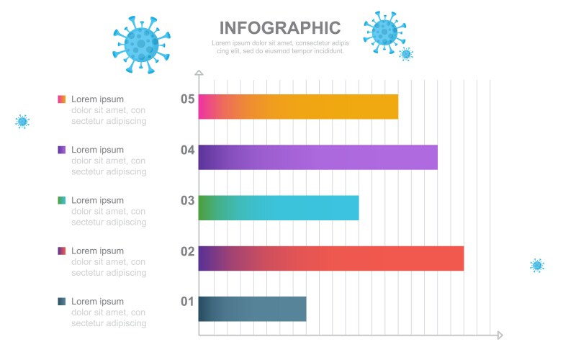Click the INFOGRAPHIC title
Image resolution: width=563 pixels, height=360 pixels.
pyautogui.click(x=279, y=28)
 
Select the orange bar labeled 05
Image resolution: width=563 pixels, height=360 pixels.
pyautogui.click(x=298, y=107)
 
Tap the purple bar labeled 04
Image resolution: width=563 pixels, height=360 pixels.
pyautogui.click(x=317, y=157)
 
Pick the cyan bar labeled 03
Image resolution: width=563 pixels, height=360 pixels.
pyautogui.click(x=278, y=207)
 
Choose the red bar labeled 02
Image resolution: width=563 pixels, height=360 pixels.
pyautogui.click(x=330, y=258)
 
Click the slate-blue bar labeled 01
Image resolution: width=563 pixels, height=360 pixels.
pyautogui.click(x=252, y=308)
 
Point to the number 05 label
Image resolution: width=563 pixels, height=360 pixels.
pyautogui.click(x=187, y=99)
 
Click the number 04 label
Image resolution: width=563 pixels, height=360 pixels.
pyautogui.click(x=187, y=150)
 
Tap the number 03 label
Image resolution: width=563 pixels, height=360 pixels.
pyautogui.click(x=187, y=200)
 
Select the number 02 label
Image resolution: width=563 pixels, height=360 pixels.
pyautogui.click(x=187, y=251)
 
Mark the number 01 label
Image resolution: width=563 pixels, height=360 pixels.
pyautogui.click(x=187, y=301)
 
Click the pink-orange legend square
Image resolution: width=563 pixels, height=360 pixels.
pyautogui.click(x=62, y=99)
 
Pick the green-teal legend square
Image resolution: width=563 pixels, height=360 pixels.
pyautogui.click(x=62, y=200)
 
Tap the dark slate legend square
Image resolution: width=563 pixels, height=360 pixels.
pyautogui.click(x=62, y=301)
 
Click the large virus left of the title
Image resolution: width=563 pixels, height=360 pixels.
pyautogui.click(x=142, y=43)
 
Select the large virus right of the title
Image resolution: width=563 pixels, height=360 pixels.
pyautogui.click(x=384, y=32)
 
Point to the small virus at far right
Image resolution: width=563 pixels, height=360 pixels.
pyautogui.click(x=537, y=265)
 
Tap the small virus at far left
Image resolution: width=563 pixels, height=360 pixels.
pyautogui.click(x=22, y=121)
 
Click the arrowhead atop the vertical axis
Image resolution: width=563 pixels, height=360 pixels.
pyautogui.click(x=199, y=73)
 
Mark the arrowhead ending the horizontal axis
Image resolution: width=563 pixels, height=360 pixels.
pyautogui.click(x=499, y=335)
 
